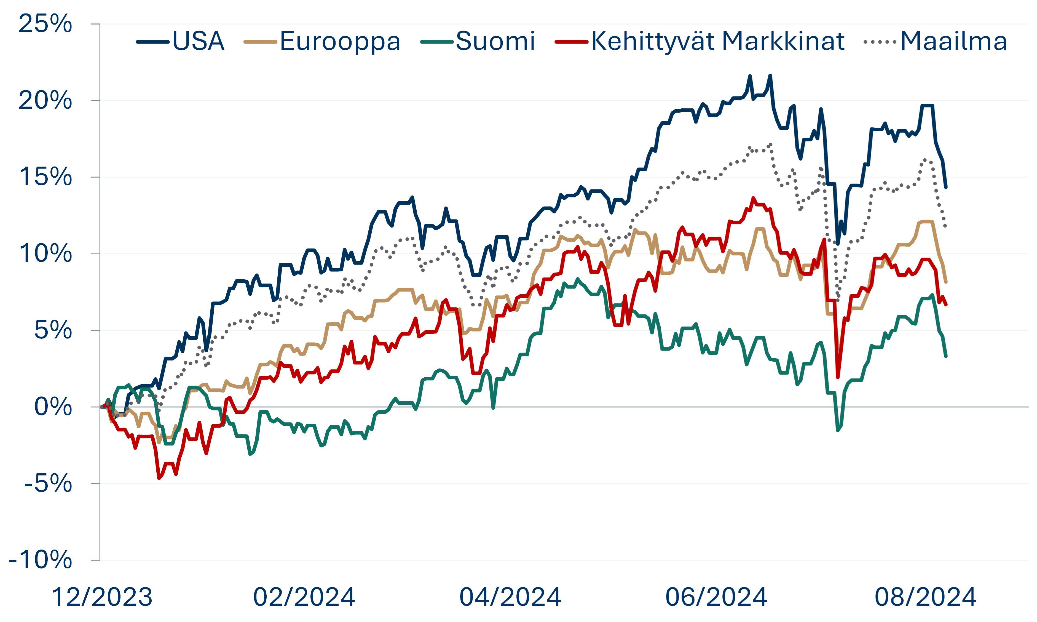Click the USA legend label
point(198,41)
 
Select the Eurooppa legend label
point(340,41)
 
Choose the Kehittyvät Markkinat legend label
point(717,41)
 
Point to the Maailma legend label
point(953,41)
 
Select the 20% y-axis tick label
point(45,101)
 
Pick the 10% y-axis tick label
point(45,253)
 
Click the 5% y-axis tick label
point(53,330)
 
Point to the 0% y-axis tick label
point(53,407)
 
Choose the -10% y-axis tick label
point(40,560)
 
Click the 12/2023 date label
point(102,597)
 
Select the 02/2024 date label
point(304,597)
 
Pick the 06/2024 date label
point(716,597)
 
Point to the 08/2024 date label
point(925,597)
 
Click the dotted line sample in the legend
point(880,41)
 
